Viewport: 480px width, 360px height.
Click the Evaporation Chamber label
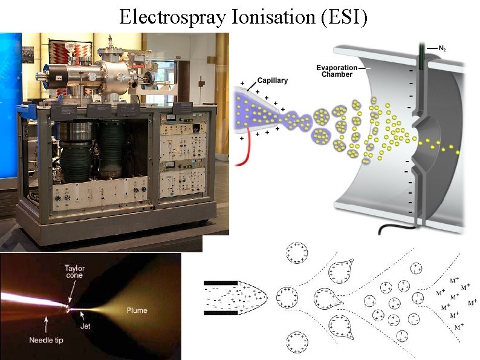[337, 71]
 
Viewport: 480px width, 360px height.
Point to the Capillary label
[272, 80]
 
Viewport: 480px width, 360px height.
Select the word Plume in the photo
[136, 310]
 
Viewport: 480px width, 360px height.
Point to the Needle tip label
[46, 340]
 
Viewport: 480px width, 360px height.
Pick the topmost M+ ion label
[455, 280]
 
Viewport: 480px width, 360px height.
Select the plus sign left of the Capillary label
[243, 82]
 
